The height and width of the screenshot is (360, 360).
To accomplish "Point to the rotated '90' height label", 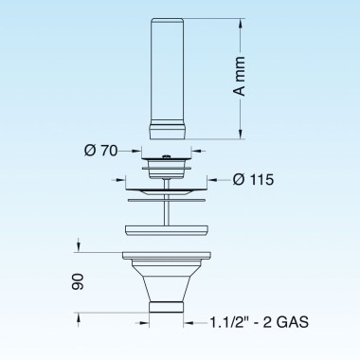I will (79, 281).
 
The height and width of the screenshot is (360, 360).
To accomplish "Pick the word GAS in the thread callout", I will (292, 322).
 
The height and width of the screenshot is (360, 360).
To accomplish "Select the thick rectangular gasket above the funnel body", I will (167, 228).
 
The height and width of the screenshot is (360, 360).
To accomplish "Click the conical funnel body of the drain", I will (167, 279).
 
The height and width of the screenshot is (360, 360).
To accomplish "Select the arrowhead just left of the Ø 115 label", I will (214, 178).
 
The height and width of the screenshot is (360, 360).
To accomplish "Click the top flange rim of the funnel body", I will (167, 254).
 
